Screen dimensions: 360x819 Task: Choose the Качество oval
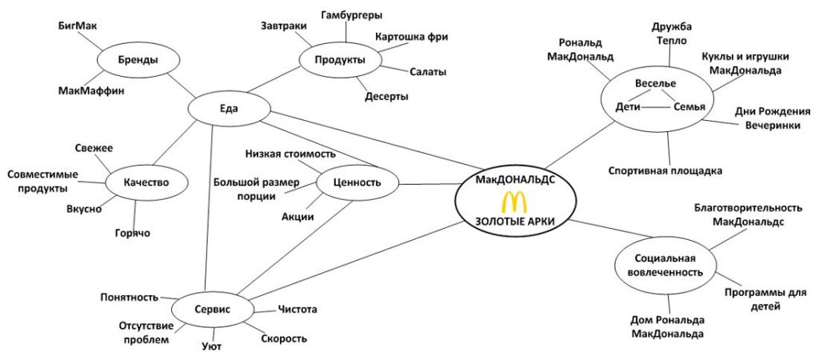145,182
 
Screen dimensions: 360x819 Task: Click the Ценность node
358,183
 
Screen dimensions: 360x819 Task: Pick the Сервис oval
212,308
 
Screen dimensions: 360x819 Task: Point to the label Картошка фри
412,37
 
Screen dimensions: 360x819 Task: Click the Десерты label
387,96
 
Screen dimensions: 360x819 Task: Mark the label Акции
298,216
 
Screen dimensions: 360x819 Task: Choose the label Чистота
298,309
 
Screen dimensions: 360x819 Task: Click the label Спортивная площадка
665,170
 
